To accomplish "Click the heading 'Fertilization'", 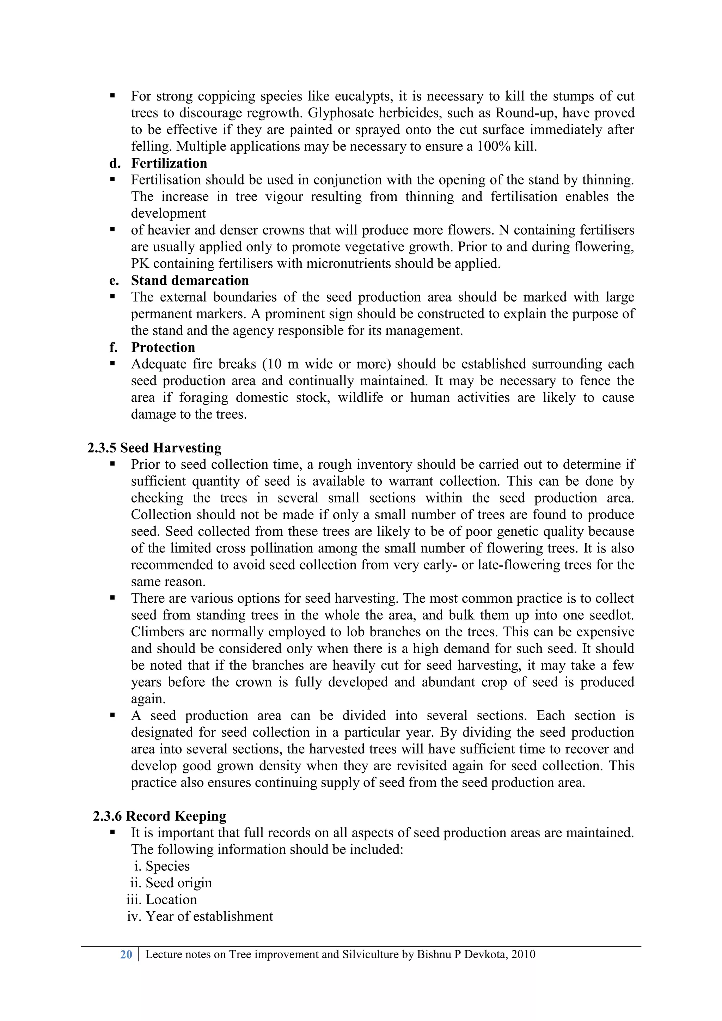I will pos(169,163).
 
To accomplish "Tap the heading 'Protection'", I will pos(163,347).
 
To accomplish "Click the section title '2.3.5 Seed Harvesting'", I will pos(154,448).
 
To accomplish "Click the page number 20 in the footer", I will pos(126,954).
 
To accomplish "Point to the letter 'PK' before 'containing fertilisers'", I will pos(140,264).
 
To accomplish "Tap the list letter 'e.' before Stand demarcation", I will pos(114,281).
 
